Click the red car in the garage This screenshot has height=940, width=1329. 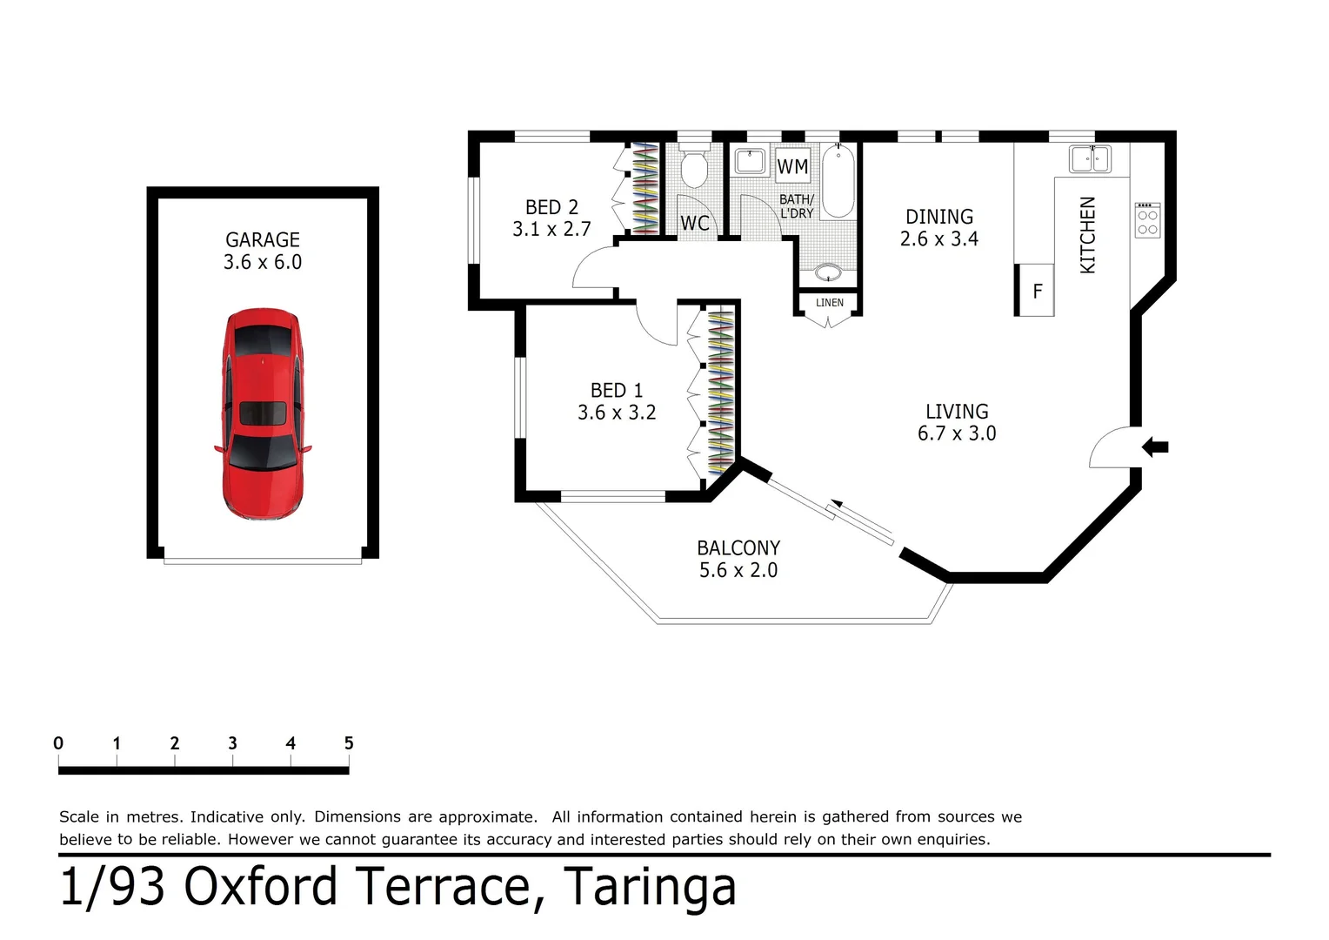[x=263, y=414]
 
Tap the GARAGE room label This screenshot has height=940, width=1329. [x=263, y=239]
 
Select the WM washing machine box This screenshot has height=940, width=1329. [x=792, y=166]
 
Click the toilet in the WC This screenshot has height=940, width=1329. [x=694, y=170]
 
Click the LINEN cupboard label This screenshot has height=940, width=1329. [x=829, y=303]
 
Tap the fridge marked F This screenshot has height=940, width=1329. [x=1037, y=292]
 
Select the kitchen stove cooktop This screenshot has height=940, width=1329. [x=1147, y=221]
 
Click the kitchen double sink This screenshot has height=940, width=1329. [x=1090, y=159]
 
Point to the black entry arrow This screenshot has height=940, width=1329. [x=1155, y=447]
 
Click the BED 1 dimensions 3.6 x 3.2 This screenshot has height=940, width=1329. [x=617, y=413]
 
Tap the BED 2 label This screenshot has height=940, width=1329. [x=551, y=207]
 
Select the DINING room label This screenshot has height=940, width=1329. [x=939, y=217]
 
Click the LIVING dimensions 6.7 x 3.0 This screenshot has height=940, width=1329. [x=957, y=433]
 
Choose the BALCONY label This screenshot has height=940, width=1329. [x=738, y=548]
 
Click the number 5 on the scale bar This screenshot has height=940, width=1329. [x=349, y=743]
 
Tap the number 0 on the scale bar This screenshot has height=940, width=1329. [x=58, y=743]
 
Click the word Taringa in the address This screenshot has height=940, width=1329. [x=650, y=888]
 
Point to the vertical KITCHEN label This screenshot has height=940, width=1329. [x=1087, y=235]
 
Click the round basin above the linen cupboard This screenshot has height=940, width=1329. [x=828, y=272]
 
